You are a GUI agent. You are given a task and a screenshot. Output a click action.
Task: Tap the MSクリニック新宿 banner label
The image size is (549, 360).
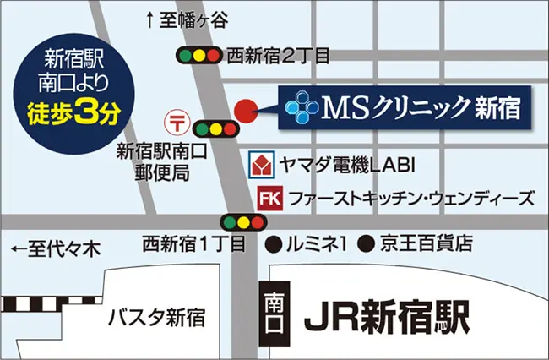[x=405, y=108]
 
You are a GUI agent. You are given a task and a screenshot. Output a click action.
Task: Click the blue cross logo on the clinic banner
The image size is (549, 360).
[x=300, y=108]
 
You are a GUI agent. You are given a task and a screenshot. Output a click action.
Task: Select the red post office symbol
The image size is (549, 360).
[x=177, y=120]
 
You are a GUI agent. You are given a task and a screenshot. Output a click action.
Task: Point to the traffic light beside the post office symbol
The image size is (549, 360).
[x=215, y=129]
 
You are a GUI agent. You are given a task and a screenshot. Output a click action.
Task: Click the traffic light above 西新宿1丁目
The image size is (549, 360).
[x=242, y=222]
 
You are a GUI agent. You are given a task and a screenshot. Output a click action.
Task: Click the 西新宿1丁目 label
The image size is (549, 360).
[x=193, y=245]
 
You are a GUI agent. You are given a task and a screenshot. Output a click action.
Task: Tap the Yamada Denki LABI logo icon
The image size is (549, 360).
[x=261, y=163]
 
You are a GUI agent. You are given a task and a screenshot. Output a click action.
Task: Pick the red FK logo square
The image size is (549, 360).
[x=269, y=199]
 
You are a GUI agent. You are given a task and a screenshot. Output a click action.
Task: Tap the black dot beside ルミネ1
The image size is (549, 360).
[x=273, y=245]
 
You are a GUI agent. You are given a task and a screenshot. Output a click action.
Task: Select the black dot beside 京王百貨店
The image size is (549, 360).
[x=367, y=245]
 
